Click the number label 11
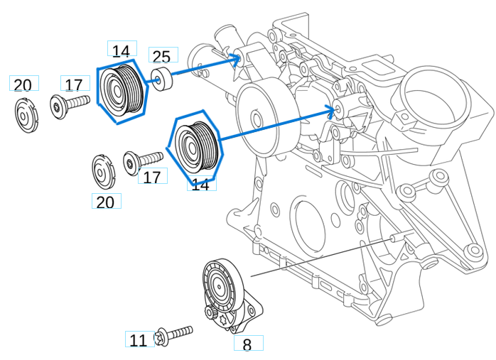coord(139,340)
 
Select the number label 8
coord(247,344)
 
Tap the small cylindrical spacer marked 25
coord(163,80)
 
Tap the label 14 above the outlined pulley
coord(122,50)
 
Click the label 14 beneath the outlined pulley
coord(201,184)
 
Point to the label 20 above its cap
coord(23,85)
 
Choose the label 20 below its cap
coord(105,202)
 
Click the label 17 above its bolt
coord(74,85)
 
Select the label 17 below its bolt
coord(151,177)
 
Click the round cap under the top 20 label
coord(25,116)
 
